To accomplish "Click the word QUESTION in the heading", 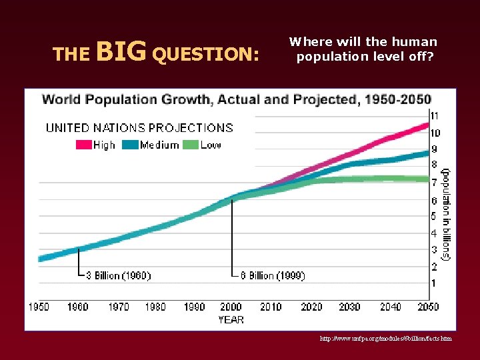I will (x=205, y=53).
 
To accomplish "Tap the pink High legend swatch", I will (x=83, y=145).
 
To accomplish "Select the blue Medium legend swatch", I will (x=131, y=145).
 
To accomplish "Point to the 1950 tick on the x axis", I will (x=39, y=307).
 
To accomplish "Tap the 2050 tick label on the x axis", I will (x=428, y=307).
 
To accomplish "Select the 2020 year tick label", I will (x=311, y=307).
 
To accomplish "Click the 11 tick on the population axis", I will (x=434, y=116).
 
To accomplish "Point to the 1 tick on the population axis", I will (x=433, y=283).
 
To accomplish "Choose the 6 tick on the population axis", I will (x=433, y=200).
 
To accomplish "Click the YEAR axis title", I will (x=231, y=319).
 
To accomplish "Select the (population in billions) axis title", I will (x=447, y=213).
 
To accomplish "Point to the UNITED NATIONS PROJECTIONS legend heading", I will (x=139, y=128).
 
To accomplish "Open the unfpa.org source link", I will (x=385, y=339).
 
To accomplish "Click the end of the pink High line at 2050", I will (x=427, y=125).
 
